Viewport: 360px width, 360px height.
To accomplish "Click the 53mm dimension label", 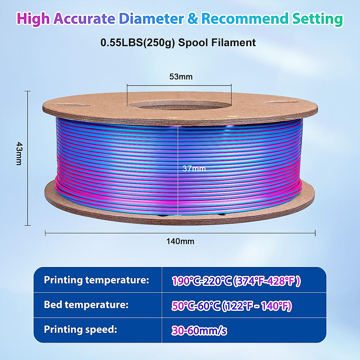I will (x=181, y=76).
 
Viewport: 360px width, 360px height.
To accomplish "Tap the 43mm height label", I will (x=19, y=154).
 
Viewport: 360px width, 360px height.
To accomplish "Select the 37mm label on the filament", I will (x=194, y=169).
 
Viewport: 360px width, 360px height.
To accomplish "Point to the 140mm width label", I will (x=180, y=241).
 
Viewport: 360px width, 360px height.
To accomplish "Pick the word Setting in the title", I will (x=317, y=19).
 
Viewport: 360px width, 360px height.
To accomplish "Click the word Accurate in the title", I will (x=84, y=19).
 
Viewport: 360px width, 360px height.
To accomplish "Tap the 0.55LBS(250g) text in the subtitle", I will (x=138, y=43).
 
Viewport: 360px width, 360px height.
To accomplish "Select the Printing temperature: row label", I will (x=96, y=280).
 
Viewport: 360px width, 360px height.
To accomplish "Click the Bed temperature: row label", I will (x=86, y=305).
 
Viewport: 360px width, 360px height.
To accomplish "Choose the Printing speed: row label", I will (x=80, y=329).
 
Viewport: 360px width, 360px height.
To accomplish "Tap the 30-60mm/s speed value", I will (x=199, y=331).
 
